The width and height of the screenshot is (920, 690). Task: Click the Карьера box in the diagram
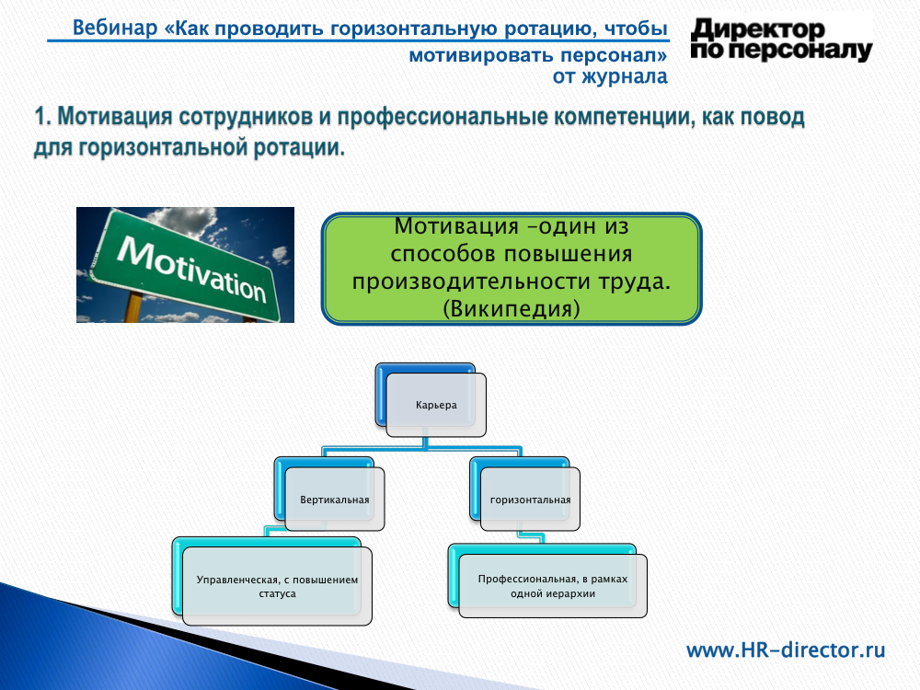(436, 405)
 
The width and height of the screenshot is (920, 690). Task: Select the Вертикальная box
(335, 500)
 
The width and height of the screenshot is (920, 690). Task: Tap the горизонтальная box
(530, 500)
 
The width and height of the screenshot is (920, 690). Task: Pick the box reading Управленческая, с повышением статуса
(277, 586)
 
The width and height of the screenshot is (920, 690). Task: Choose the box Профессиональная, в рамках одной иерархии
(553, 585)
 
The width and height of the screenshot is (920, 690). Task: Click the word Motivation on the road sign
(192, 268)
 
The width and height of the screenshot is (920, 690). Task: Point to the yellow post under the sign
(134, 307)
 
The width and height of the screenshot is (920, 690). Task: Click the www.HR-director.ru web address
(786, 650)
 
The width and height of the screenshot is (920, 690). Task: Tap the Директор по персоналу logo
(781, 40)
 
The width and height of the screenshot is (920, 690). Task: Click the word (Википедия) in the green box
(512, 308)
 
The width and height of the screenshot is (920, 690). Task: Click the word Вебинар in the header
(115, 28)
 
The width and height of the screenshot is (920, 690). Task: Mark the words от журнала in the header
(610, 76)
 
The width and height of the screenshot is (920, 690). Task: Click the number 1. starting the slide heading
(43, 116)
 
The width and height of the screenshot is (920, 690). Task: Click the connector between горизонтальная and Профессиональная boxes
(531, 537)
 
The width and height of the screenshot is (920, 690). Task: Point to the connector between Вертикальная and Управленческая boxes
(277, 531)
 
